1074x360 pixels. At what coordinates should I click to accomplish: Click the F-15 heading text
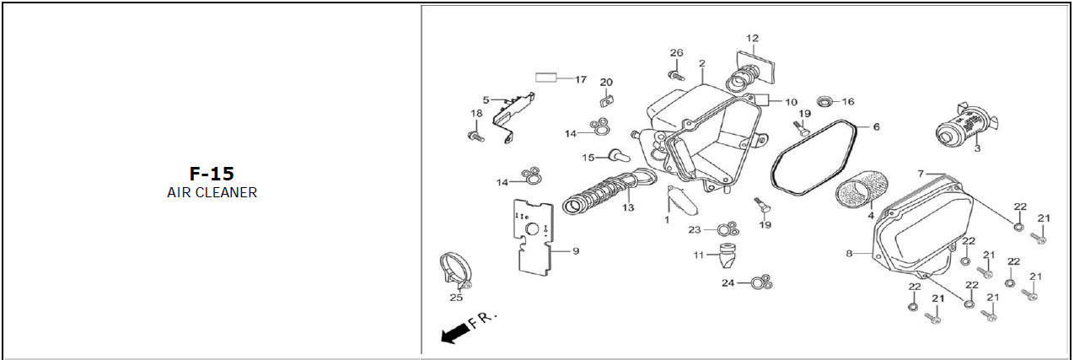[x=212, y=175]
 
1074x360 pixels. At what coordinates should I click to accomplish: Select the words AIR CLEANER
[x=212, y=193]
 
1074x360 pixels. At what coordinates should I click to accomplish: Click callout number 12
[x=752, y=39]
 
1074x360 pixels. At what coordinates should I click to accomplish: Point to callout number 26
[x=676, y=53]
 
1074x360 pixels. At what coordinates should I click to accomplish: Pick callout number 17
[x=581, y=79]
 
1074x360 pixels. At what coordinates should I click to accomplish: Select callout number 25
[x=456, y=297]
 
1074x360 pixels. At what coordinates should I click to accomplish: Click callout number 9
[x=576, y=250]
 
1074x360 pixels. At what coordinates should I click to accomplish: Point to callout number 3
[x=976, y=148]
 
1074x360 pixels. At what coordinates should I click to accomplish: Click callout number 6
[x=876, y=127]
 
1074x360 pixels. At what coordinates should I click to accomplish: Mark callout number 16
[x=847, y=101]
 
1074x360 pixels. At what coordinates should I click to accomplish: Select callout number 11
[x=699, y=255]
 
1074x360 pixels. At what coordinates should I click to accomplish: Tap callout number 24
[x=728, y=282]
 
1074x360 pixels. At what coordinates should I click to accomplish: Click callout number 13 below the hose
[x=628, y=207]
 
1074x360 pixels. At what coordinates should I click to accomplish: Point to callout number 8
[x=850, y=252]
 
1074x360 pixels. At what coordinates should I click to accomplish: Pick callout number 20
[x=606, y=82]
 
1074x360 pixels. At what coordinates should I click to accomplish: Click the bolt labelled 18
[x=475, y=133]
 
